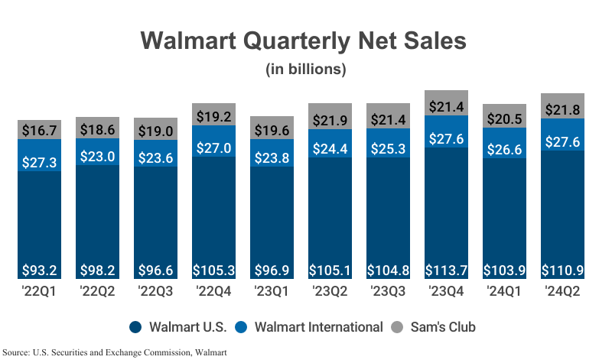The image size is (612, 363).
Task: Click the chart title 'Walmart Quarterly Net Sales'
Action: click(x=306, y=41)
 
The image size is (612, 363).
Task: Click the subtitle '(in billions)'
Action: click(x=306, y=70)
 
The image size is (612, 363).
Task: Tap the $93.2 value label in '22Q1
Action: click(x=40, y=271)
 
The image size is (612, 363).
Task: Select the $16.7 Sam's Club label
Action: click(x=40, y=131)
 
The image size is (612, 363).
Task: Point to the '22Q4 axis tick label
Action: click(x=213, y=291)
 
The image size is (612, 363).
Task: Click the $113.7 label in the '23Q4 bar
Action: click(x=446, y=271)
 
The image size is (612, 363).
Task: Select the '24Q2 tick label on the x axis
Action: click(x=562, y=291)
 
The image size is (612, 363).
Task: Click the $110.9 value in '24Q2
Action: click(x=562, y=271)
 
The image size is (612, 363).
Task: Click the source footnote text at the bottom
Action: click(x=115, y=352)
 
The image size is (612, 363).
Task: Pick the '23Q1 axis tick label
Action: click(x=272, y=291)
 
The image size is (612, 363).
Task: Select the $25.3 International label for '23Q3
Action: click(x=388, y=151)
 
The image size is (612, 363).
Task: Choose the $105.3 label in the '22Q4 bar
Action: click(x=213, y=271)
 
